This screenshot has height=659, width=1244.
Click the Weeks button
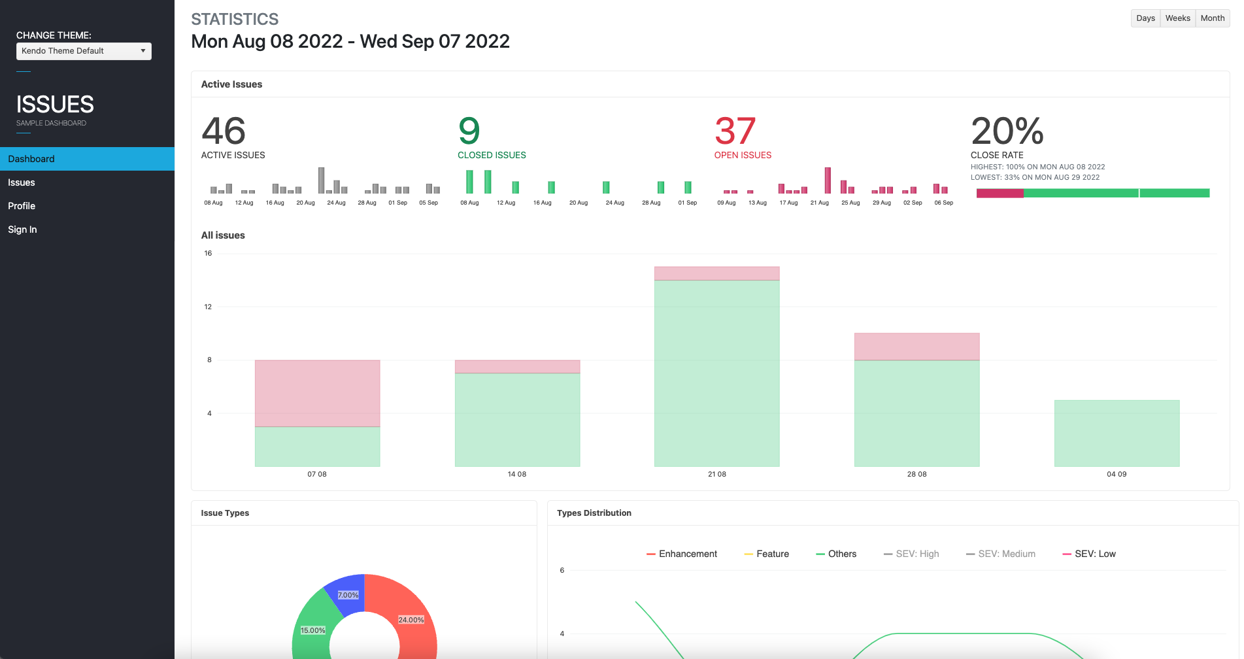tap(1177, 18)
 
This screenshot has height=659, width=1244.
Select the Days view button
tap(1145, 18)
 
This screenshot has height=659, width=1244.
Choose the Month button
tap(1213, 18)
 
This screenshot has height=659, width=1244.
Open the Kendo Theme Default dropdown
tap(84, 51)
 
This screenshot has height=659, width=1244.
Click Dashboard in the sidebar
tap(31, 159)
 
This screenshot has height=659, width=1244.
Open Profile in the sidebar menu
tap(22, 206)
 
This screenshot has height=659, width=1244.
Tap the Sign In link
tap(22, 229)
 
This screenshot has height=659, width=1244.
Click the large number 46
tap(224, 131)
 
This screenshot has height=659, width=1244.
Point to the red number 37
tap(735, 131)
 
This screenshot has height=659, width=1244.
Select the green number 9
tap(469, 131)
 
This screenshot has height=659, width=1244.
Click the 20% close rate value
tap(1007, 131)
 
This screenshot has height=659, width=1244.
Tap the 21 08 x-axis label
tap(717, 474)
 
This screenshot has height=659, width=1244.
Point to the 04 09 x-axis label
tap(1117, 474)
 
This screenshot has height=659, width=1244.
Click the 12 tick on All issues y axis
tap(208, 307)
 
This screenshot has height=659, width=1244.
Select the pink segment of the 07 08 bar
tap(317, 393)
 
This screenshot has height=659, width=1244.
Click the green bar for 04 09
tap(1117, 433)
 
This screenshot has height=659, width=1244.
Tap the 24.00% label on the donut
tap(411, 620)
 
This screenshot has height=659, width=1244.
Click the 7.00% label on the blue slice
tap(348, 595)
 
